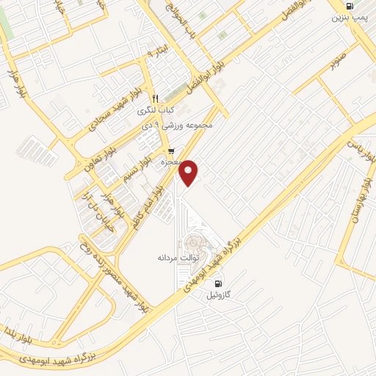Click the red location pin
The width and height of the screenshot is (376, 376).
pos(189,172)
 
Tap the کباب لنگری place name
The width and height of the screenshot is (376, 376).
pos(155,110)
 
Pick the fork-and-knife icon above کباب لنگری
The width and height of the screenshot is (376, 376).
pos(155,98)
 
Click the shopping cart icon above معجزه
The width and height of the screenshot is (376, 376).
pos(171,152)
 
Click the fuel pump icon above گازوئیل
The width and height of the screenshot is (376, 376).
pos(218,283)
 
